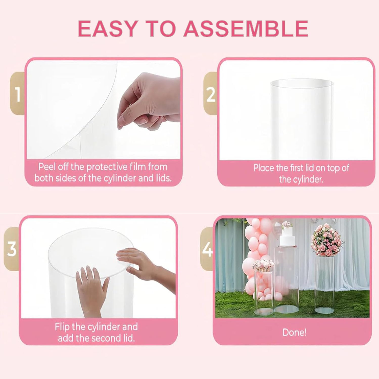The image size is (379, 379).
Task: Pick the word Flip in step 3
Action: (62, 327)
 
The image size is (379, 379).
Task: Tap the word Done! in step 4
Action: (294, 332)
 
